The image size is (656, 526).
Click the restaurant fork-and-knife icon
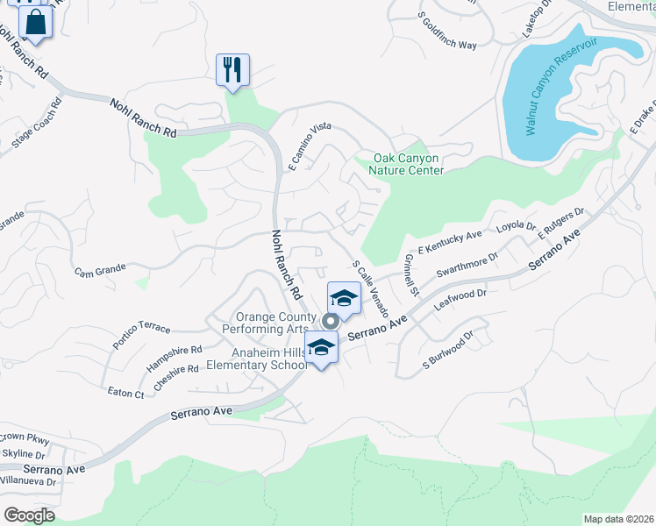[232, 69]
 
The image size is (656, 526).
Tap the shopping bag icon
[36, 23]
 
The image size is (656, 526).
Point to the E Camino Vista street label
[310, 146]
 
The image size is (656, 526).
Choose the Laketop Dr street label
[536, 17]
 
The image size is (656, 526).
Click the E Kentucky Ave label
[450, 242]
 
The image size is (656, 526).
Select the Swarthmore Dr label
[467, 264]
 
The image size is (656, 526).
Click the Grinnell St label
[409, 274]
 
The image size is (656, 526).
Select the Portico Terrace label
[142, 328]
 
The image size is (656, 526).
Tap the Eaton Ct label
[125, 394]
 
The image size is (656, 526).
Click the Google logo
[29, 515]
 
